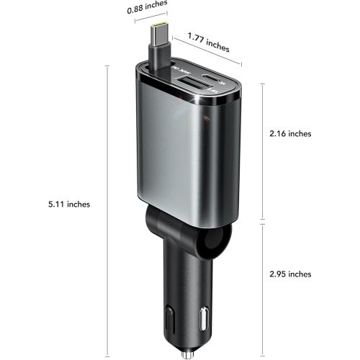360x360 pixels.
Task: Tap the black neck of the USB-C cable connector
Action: point(160,52)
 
